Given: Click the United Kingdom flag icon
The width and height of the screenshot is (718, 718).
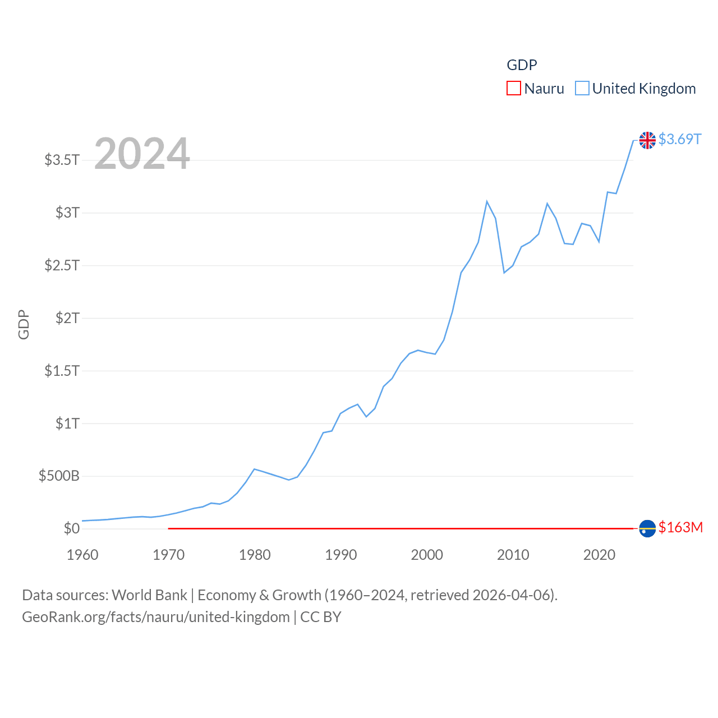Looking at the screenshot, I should tap(647, 140).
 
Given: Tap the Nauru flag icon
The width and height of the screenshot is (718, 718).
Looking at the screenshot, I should tap(647, 528).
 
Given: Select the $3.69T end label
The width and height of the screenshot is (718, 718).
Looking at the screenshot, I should tap(680, 139).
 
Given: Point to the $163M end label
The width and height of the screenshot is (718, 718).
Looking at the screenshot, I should tap(680, 527).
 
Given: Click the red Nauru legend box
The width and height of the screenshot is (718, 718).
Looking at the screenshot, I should tap(514, 89).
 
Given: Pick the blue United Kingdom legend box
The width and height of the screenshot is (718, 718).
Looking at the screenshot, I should tap(582, 89).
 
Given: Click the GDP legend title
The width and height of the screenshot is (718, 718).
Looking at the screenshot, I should tap(522, 65).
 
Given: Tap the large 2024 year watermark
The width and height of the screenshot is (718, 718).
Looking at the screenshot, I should tap(142, 154).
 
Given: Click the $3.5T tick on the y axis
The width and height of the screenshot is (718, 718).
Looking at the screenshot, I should tap(62, 160).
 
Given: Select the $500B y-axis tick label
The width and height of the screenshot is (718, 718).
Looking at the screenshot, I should tap(59, 476).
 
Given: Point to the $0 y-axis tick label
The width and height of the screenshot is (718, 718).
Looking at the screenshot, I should tap(71, 528).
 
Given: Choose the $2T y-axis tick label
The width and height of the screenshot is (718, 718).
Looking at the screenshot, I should tap(67, 318).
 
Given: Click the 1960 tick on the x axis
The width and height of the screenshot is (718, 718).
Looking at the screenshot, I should tap(82, 555).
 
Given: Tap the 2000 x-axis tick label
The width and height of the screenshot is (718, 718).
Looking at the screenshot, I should tap(427, 555).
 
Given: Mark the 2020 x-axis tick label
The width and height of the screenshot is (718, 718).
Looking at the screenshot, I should tap(599, 555).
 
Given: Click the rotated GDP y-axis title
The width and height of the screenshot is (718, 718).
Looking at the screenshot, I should tap(24, 324).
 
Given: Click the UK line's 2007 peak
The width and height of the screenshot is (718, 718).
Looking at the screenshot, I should tap(487, 201).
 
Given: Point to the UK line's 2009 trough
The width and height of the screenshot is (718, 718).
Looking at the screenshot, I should tap(504, 273).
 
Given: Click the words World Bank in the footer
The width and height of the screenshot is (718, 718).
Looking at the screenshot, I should tap(149, 595).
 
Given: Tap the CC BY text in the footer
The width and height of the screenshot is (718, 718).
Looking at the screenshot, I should tap(321, 617).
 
